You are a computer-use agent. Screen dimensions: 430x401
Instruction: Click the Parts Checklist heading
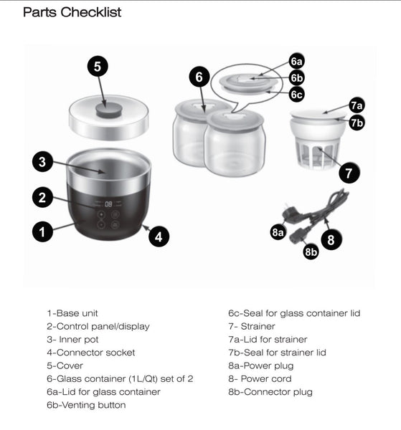click(72, 12)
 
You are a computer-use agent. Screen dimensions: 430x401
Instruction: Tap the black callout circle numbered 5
click(98, 67)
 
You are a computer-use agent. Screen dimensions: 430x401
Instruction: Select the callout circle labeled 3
click(42, 162)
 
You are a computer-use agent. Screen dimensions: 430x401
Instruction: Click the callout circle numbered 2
click(42, 196)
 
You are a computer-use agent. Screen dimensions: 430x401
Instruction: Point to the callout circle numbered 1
click(42, 231)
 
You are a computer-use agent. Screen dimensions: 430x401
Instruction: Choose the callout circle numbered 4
click(159, 236)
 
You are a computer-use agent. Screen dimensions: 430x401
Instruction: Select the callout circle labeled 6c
click(296, 95)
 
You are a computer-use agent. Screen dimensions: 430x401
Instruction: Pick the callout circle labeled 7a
click(357, 105)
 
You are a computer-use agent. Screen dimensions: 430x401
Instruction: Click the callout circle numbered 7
click(349, 172)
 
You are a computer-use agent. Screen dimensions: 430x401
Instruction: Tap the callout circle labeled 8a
click(278, 232)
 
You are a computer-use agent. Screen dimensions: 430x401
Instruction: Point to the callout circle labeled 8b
click(311, 252)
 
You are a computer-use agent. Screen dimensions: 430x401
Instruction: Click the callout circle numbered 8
click(330, 239)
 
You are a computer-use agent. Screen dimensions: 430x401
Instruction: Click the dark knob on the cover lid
click(109, 108)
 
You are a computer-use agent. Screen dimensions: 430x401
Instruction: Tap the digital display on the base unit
click(108, 204)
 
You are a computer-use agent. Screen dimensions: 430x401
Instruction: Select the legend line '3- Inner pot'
click(72, 339)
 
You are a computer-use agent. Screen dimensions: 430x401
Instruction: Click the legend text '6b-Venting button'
click(86, 405)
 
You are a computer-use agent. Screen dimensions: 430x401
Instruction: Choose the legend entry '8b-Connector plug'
click(270, 392)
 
